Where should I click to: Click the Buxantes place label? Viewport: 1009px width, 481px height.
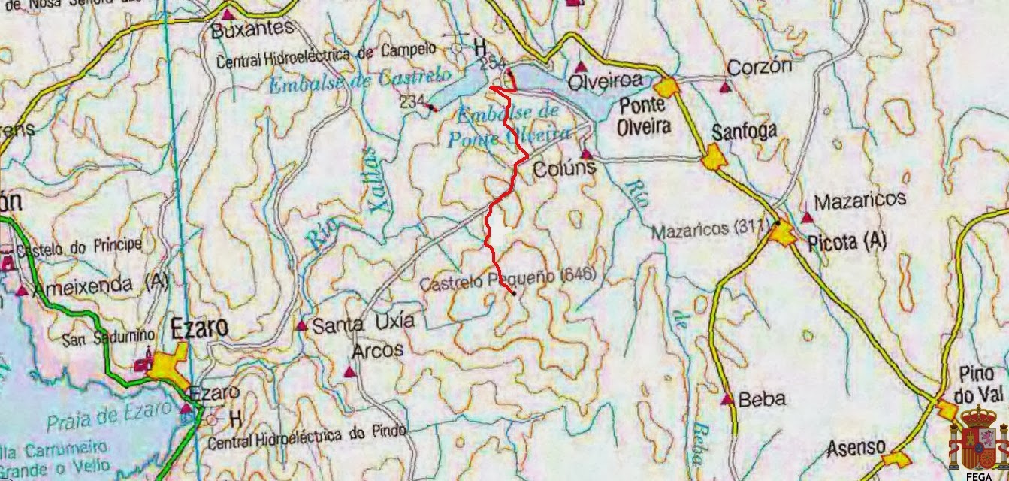[x=252, y=29]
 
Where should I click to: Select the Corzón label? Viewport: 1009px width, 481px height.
[x=760, y=67]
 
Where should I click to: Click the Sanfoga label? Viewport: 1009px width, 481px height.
[x=744, y=132]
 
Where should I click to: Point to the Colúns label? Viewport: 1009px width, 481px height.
[x=563, y=169]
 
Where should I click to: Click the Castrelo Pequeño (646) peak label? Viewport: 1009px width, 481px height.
[x=507, y=279]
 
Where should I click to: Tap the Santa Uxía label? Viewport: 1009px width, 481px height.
[x=363, y=324]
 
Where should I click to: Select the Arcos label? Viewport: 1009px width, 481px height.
[x=378, y=350]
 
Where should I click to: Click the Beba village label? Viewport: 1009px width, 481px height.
[x=762, y=399]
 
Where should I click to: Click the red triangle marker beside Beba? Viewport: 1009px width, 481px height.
[x=727, y=399]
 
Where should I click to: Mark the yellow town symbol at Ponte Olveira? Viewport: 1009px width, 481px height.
[x=667, y=86]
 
